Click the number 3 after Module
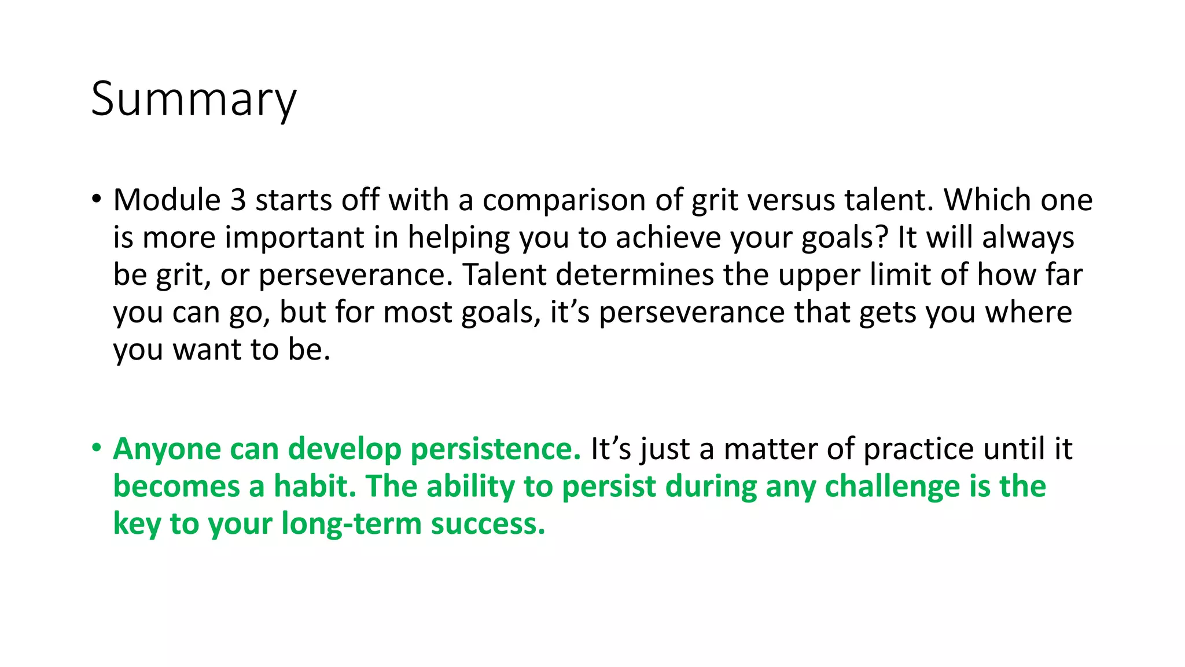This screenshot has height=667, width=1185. click(x=238, y=200)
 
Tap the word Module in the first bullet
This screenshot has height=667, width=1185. click(x=167, y=200)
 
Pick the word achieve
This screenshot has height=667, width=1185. click(x=668, y=237)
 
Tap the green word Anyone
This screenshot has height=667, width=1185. click(x=167, y=449)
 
